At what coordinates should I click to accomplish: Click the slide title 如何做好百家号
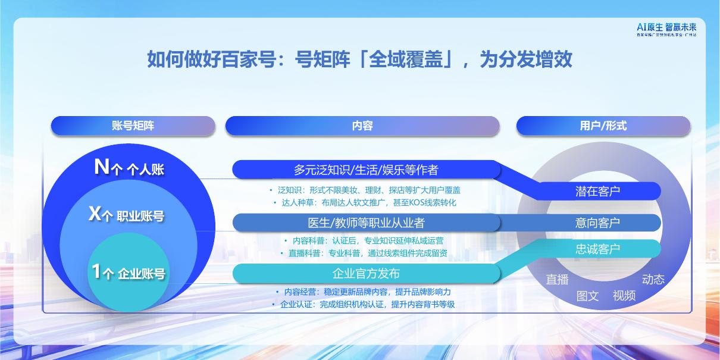(x=359, y=60)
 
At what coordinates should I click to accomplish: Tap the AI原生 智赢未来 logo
(x=666, y=29)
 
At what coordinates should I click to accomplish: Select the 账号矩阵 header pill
(x=133, y=126)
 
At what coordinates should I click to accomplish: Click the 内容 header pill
(x=362, y=126)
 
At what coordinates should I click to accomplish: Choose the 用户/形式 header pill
(x=603, y=126)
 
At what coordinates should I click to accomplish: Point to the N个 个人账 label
(x=129, y=168)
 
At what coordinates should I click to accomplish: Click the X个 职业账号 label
(x=127, y=215)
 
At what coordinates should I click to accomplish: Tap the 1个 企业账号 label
(x=128, y=273)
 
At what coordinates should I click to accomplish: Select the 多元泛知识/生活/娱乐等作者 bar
(x=365, y=170)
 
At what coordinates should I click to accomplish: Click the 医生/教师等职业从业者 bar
(x=365, y=223)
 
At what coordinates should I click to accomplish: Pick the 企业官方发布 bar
(x=365, y=274)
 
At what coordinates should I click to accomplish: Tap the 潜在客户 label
(x=597, y=191)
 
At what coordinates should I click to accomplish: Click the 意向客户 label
(x=597, y=223)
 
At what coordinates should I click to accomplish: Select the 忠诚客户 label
(x=597, y=249)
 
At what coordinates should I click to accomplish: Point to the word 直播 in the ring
(x=558, y=280)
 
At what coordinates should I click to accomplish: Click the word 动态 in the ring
(x=653, y=280)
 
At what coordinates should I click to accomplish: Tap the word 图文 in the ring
(x=587, y=296)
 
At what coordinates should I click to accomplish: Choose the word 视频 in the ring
(x=624, y=296)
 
